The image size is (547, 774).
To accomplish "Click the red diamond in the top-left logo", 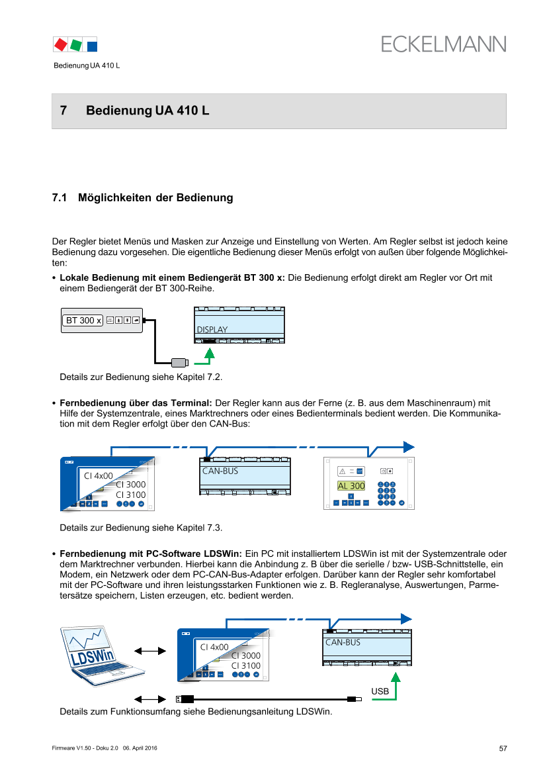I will point(61,44).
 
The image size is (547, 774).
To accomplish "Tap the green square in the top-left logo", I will point(76,44).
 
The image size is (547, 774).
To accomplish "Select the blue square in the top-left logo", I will point(92,45).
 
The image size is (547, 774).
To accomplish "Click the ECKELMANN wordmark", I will point(443,44).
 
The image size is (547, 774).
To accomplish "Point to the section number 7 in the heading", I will point(63,111).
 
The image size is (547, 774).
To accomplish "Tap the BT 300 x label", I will point(83,320).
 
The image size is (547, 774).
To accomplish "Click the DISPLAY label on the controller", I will point(212,329).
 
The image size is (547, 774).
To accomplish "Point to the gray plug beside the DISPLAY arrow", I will point(179,362).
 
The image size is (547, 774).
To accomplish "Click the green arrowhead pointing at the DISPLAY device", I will point(209,354).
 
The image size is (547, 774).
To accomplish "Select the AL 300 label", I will point(351,486).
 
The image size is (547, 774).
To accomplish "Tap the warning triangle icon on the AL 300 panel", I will point(343,471).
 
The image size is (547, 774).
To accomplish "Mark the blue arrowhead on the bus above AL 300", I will point(409,446).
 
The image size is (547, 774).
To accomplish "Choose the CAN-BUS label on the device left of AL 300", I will point(220,471).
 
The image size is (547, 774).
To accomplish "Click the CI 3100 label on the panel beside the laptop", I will point(245,665).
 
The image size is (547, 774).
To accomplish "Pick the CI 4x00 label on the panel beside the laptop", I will point(214,647).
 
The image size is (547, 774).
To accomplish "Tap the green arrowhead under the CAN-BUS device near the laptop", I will point(396,677).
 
